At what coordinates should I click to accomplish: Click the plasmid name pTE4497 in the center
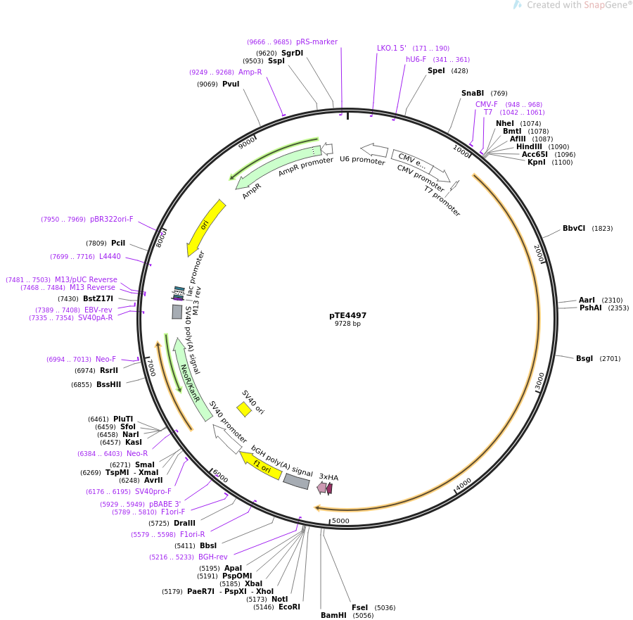pos(347,315)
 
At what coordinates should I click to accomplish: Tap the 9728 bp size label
pos(347,324)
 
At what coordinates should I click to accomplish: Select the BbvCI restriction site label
pos(574,229)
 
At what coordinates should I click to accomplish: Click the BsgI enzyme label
pos(584,359)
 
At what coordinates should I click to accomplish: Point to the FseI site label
pos(359,607)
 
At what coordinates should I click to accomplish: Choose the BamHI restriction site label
pos(333,615)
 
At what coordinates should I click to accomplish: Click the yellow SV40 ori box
pos(244,409)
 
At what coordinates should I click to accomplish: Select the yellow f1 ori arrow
pos(261,467)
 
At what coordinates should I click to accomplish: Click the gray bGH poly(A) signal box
pos(296,481)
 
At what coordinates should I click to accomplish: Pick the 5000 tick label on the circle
pos(340,521)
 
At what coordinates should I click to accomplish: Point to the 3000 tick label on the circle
pos(539,381)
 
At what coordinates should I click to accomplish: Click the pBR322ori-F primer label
pos(111,220)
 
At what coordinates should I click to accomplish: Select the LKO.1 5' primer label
pos(392,49)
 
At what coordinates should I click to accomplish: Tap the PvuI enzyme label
pos(231,84)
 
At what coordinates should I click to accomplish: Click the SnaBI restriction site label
pos(473,94)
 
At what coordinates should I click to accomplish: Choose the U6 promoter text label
pos(362,160)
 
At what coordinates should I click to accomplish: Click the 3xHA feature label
pos(328,477)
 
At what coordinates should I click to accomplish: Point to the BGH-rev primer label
pos(212,557)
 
